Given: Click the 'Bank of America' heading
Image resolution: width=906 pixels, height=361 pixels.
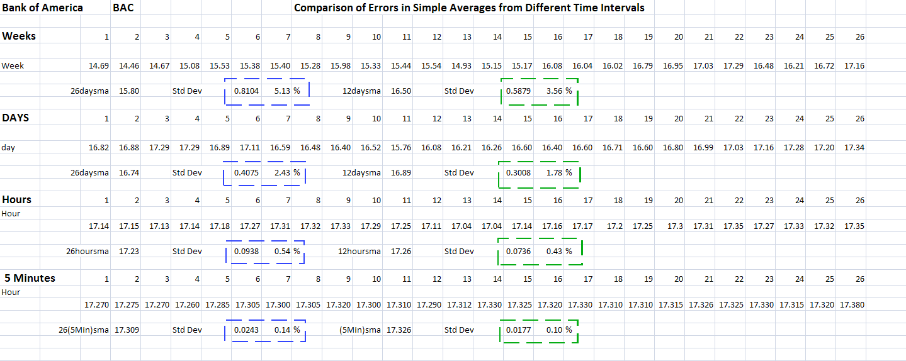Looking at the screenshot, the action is pyautogui.click(x=42, y=8).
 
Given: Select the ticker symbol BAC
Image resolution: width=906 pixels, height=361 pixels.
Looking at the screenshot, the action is pyautogui.click(x=123, y=8).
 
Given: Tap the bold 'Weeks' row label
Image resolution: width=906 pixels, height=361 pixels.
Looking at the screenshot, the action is pyautogui.click(x=19, y=36).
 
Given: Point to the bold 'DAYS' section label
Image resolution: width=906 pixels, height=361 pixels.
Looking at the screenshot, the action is pyautogui.click(x=15, y=118).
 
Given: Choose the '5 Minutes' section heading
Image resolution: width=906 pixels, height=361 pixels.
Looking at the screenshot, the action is pyautogui.click(x=30, y=278).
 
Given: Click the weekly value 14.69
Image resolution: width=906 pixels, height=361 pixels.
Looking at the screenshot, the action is pyautogui.click(x=99, y=66).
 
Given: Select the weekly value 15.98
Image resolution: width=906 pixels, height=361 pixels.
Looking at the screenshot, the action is pyautogui.click(x=341, y=66).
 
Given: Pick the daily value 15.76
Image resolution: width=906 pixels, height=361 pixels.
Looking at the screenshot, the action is pyautogui.click(x=401, y=148).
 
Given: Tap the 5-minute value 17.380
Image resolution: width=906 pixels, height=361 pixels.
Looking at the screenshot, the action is pyautogui.click(x=852, y=305).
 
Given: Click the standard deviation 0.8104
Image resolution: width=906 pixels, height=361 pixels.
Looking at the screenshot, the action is pyautogui.click(x=246, y=91).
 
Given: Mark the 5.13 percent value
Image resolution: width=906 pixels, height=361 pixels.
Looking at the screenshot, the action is pyautogui.click(x=282, y=91).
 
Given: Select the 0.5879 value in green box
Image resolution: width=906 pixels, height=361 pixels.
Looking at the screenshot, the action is pyautogui.click(x=519, y=91).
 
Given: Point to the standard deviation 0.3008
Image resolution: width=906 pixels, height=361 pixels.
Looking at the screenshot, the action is pyautogui.click(x=519, y=173).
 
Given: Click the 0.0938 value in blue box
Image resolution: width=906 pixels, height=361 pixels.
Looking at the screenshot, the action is pyautogui.click(x=246, y=252).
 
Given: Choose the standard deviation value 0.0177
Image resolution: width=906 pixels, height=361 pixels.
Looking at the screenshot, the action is pyautogui.click(x=519, y=330).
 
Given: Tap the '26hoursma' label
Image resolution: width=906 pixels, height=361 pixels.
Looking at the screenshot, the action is pyautogui.click(x=88, y=252).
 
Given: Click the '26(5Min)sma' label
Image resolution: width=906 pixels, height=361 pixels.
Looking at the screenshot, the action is pyautogui.click(x=84, y=330).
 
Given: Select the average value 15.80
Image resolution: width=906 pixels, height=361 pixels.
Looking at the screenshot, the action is pyautogui.click(x=129, y=91).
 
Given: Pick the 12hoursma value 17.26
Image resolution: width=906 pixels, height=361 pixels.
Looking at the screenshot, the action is pyautogui.click(x=401, y=252).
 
